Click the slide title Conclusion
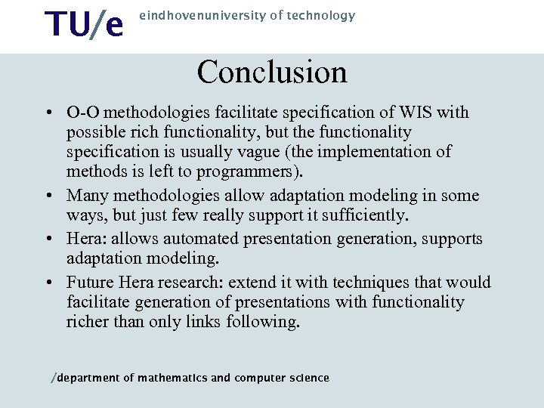(272, 73)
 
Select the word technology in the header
(323, 15)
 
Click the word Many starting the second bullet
(87, 196)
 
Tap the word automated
(213, 239)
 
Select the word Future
(91, 283)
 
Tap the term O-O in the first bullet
(80, 113)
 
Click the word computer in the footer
(259, 378)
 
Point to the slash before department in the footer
(53, 379)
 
